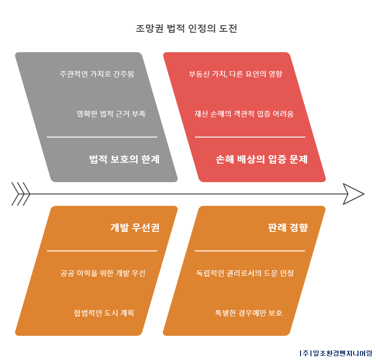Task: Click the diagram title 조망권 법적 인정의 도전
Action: [x=186, y=28]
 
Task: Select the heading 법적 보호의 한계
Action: [x=124, y=159]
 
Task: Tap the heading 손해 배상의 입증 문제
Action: [x=262, y=159]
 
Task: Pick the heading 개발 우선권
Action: [x=135, y=228]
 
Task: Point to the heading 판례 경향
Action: [x=288, y=228]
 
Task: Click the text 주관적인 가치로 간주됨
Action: [x=97, y=74]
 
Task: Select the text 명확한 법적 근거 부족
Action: [x=111, y=113]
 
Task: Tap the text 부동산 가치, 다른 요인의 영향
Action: [x=235, y=74]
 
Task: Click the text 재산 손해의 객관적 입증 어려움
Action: [x=244, y=113]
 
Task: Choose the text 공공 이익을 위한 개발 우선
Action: [x=103, y=273]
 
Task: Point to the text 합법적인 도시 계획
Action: [x=104, y=313]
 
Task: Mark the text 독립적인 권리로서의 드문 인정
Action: [x=245, y=273]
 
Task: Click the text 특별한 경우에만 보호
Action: [x=248, y=313]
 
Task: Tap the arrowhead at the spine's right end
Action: [x=354, y=194]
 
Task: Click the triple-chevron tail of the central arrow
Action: [x=21, y=194]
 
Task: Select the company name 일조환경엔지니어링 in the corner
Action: [x=342, y=353]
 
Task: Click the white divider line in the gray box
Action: [x=102, y=137]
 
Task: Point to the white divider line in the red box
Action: [x=250, y=137]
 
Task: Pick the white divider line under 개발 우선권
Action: [x=102, y=251]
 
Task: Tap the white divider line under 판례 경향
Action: [x=250, y=251]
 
